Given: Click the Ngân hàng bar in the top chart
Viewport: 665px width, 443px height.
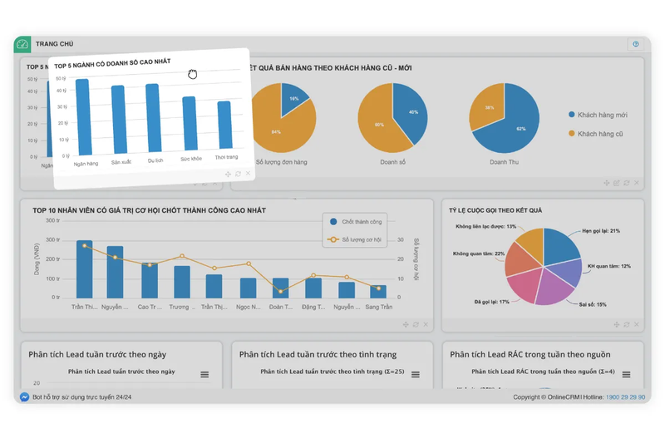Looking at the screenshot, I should (82, 116).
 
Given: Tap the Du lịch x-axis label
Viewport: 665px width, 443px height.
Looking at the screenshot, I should (155, 160).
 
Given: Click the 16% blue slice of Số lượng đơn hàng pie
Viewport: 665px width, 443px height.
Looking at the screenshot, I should (291, 101).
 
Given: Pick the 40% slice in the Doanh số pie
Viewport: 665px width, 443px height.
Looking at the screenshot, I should (410, 115).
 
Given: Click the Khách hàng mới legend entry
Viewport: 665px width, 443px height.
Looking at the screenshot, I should (600, 115).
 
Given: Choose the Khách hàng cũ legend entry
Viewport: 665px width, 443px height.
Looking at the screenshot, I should (598, 133).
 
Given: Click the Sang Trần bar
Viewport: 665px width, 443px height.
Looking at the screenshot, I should (378, 291).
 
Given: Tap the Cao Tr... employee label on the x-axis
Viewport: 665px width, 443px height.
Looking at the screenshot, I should (149, 307).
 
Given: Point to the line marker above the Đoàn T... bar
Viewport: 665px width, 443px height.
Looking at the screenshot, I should (281, 291).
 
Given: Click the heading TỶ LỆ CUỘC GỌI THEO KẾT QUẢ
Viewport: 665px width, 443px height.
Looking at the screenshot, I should (495, 210).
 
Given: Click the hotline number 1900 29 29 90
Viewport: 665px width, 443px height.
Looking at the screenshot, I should (625, 397).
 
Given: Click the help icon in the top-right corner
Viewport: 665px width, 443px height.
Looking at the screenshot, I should (636, 44).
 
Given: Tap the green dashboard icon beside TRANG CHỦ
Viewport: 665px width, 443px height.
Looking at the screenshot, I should (22, 44).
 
